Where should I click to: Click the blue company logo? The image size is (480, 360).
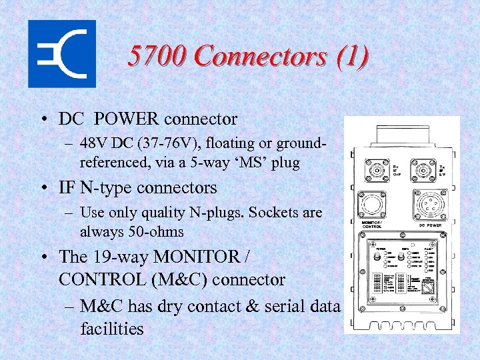point(61,53)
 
